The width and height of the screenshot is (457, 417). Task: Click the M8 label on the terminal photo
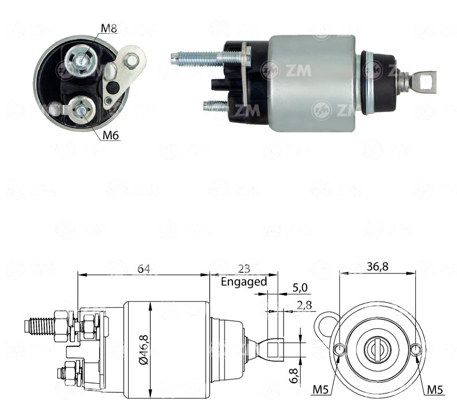pos(109,28)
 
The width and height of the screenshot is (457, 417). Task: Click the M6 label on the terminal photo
pos(111,135)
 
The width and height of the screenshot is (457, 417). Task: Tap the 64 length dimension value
pos(144,269)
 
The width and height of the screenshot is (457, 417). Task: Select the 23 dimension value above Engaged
pos(244,269)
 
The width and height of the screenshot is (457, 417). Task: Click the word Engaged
pos(244,281)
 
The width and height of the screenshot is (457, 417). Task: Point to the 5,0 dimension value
pos(300,288)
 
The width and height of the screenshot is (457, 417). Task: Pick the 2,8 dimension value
pos(304,305)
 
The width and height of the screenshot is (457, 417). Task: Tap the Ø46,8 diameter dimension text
pos(144,349)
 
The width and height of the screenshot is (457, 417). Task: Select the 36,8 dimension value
pos(377,267)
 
